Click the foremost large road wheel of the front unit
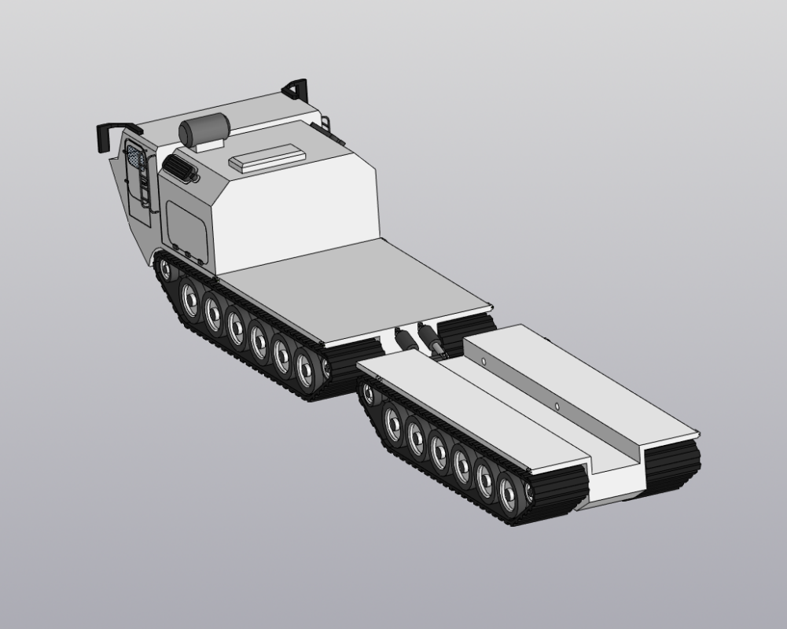pos(190,297)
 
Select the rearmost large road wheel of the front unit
pos(305,365)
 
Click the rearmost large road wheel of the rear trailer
pos(507,492)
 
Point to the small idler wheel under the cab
pos(165,269)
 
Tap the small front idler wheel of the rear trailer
pos(368,390)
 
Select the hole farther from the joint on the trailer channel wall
pos(557,406)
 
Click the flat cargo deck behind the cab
pos(354,291)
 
